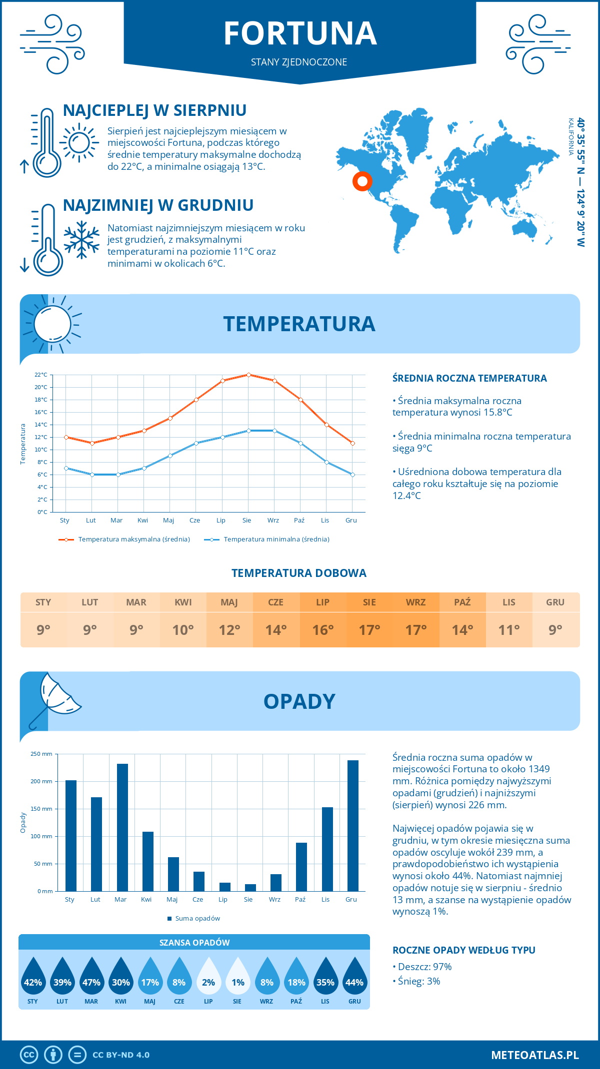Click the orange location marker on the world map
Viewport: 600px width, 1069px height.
pos(362,181)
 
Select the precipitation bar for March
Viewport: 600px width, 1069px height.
pos(122,827)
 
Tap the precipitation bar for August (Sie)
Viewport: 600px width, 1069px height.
pos(250,888)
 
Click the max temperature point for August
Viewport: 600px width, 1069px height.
pos(248,375)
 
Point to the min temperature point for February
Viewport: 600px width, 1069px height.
pos(92,475)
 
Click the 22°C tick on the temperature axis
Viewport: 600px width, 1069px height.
pos(41,375)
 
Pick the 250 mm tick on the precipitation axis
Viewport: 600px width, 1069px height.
pos(41,754)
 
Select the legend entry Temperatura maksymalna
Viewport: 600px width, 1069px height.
pos(124,539)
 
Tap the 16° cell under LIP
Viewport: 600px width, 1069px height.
pos(323,630)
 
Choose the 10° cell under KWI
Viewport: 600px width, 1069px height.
pos(183,630)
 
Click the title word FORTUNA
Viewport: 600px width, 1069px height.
pos(300,34)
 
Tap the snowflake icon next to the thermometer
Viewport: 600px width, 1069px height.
pos(81,240)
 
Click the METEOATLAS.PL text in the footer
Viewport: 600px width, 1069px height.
pos(534,1055)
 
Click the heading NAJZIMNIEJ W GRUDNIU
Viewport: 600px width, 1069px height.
pos(158,205)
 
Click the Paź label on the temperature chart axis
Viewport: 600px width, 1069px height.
pos(299,521)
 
